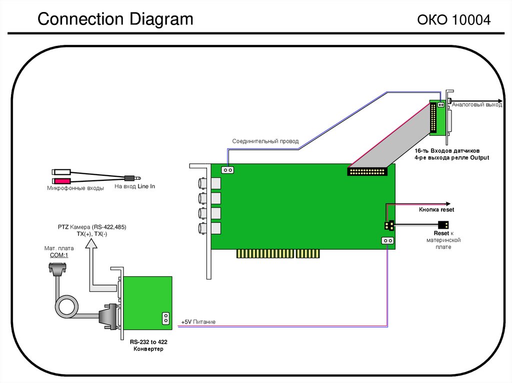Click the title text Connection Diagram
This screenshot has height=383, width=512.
(x=115, y=19)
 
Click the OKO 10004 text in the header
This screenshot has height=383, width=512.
(x=453, y=20)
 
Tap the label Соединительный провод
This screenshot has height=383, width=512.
(x=265, y=141)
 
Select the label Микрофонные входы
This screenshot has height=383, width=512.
(x=75, y=188)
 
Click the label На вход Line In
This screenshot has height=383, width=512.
(x=134, y=186)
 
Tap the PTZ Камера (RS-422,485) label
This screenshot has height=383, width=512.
(x=92, y=227)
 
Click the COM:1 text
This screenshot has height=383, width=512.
(x=59, y=255)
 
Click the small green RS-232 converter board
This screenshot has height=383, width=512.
(x=147, y=303)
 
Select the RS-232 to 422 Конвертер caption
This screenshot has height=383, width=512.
(x=148, y=345)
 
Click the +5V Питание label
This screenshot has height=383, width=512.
(x=198, y=322)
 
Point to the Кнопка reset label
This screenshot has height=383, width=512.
(x=436, y=210)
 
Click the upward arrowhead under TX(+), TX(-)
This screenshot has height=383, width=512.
(x=91, y=244)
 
